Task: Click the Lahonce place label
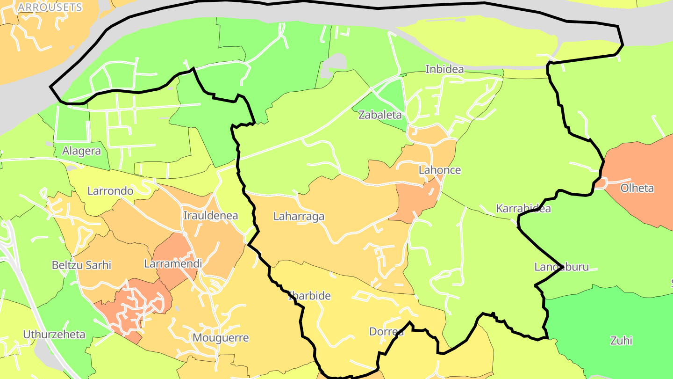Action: [439, 170]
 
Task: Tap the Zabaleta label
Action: [380, 115]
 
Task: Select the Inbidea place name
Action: [444, 69]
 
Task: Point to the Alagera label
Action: [81, 151]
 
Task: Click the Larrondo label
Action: [110, 191]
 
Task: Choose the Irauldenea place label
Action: [211, 216]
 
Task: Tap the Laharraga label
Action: [299, 216]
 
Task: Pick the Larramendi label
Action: [173, 263]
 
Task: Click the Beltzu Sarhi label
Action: [81, 265]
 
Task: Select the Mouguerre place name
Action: [221, 337]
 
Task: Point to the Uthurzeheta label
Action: [54, 334]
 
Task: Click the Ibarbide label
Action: [309, 296]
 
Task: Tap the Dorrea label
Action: [387, 332]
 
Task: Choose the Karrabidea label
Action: [523, 208]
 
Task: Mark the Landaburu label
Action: [561, 267]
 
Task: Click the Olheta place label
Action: [637, 188]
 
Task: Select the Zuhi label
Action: [621, 340]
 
